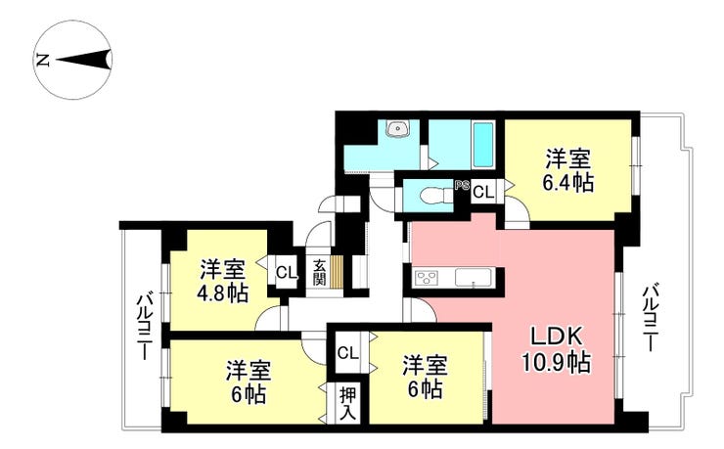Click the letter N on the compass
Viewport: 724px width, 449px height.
tap(43, 60)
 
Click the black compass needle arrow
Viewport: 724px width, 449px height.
tap(84, 60)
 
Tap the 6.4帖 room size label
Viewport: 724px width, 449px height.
tap(567, 183)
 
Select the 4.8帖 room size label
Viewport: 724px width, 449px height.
tap(222, 292)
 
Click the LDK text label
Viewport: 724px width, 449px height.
tap(556, 338)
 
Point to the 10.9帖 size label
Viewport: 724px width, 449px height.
tap(557, 362)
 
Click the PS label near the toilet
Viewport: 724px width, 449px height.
tap(462, 186)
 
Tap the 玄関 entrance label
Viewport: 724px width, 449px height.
tap(319, 272)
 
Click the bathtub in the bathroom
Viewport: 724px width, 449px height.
tap(483, 145)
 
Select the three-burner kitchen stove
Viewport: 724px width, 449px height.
tap(428, 278)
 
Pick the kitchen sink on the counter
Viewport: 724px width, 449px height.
tap(475, 278)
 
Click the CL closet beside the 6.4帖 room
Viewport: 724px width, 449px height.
tap(483, 192)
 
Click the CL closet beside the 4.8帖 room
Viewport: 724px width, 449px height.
tap(287, 272)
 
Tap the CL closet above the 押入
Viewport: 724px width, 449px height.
tap(347, 353)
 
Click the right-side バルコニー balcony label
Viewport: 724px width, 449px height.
tap(651, 317)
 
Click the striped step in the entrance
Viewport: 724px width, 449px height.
tap(337, 272)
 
